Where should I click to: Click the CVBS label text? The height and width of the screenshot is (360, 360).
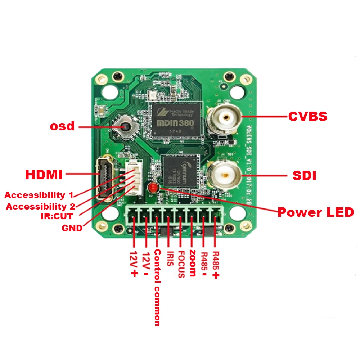(x=307, y=117)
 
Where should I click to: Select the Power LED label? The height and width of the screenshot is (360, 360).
(x=316, y=212)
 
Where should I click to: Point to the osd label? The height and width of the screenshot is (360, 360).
(x=62, y=126)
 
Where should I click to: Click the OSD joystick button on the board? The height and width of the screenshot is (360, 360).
(x=125, y=127)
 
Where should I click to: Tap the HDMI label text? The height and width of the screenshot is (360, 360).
(x=44, y=175)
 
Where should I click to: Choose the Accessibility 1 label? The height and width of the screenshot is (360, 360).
(x=39, y=195)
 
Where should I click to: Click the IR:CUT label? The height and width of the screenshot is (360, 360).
(x=57, y=216)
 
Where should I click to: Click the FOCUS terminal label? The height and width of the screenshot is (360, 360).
(x=181, y=264)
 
